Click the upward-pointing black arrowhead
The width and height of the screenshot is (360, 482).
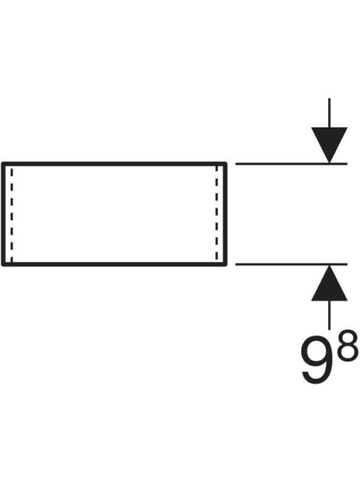330,283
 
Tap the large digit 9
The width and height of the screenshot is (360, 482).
317,360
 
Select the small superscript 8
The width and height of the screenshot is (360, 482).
348,346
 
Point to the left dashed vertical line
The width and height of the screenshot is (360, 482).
12,214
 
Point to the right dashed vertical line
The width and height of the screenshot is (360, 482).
217,214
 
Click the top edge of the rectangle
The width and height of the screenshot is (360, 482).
115,164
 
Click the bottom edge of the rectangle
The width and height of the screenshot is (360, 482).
115,264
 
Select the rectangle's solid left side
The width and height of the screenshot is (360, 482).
4,214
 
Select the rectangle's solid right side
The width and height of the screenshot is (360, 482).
225,214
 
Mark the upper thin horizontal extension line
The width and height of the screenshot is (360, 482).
292,164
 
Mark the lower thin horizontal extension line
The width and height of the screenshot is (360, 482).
292,264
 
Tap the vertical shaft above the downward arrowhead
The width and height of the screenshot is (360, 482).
330,113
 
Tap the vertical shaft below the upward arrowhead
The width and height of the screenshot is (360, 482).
330,315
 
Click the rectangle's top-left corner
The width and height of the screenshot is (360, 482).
3,163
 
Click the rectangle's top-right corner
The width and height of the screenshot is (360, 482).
226,163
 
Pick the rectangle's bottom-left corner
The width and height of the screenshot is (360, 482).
3,265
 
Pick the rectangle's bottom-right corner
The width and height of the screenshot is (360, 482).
226,265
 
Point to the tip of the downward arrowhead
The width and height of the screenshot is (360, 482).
330,163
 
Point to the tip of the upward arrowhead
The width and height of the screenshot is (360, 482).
330,265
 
